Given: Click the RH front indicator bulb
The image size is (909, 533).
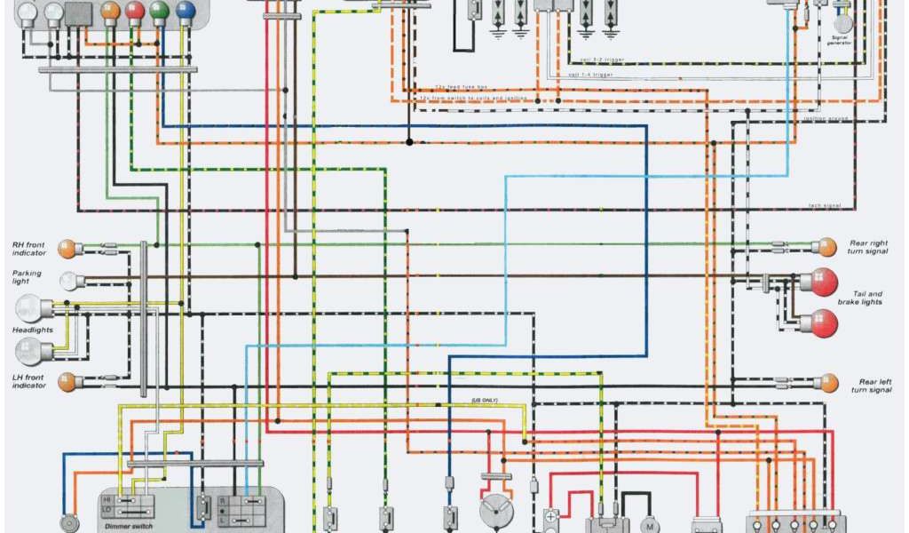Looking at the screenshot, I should (x=67, y=247).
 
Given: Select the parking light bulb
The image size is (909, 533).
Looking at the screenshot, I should (x=67, y=281).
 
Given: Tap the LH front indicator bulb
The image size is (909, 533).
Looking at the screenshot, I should (x=67, y=382).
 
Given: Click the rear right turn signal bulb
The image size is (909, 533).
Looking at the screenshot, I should (x=827, y=246).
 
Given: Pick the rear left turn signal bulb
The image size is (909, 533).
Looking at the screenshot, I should (x=827, y=383).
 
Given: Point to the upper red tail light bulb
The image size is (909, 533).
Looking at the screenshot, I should (x=823, y=282).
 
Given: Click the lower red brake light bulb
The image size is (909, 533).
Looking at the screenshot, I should (x=823, y=322).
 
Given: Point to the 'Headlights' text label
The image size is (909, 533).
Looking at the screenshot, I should (x=32, y=330).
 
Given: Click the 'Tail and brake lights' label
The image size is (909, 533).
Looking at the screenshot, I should (x=866, y=298).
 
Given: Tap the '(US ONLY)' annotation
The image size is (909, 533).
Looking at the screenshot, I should (x=485, y=401).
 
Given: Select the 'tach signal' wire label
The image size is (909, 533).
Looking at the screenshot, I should (x=824, y=206).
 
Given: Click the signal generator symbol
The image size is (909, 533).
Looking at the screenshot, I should (x=842, y=23).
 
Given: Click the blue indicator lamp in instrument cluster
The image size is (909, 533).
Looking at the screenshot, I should (x=185, y=12).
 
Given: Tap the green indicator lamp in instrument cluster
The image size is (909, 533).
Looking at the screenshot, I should (x=160, y=12).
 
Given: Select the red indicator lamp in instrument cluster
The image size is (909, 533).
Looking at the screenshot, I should (x=135, y=12).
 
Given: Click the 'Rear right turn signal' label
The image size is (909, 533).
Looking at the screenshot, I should (x=869, y=247).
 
